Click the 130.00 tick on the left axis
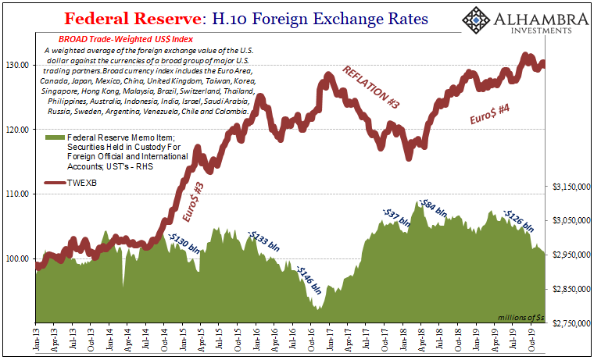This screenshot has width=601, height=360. point(17,65)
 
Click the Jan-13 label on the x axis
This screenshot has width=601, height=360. point(36,337)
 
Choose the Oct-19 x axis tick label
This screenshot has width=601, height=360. point(531,337)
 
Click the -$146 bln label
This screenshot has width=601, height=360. point(310,279)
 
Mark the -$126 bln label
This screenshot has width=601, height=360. point(518,220)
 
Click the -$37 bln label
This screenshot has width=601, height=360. point(396,217)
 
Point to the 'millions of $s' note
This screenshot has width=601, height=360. point(521,317)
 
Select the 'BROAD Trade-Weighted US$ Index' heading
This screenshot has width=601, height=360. point(122,39)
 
